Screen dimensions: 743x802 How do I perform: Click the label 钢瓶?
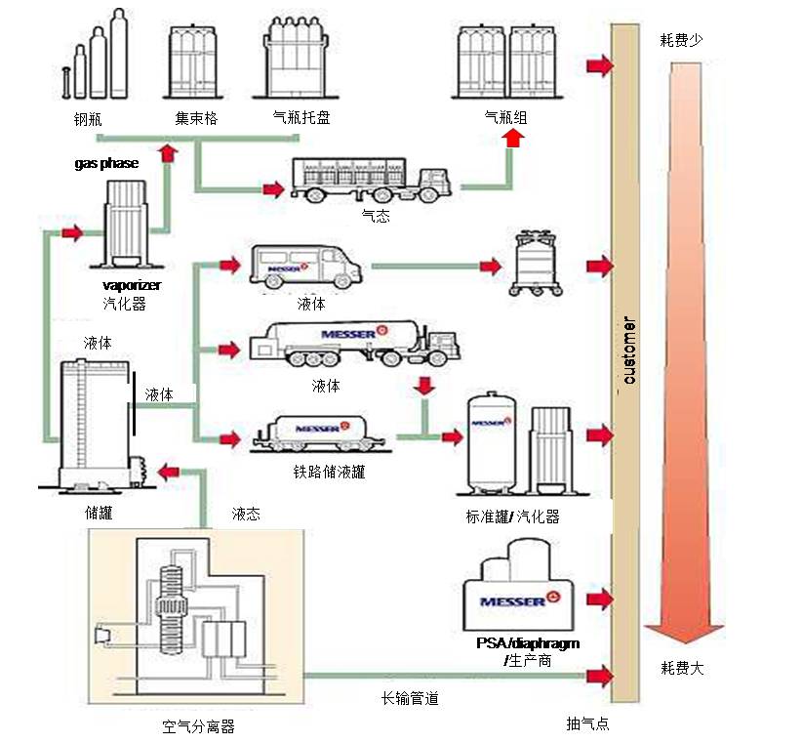pyautogui.click(x=87, y=120)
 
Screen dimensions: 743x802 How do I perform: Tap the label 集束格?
pyautogui.click(x=196, y=118)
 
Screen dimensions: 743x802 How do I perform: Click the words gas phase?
pyautogui.click(x=106, y=163)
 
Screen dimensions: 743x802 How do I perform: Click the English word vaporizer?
pyautogui.click(x=132, y=285)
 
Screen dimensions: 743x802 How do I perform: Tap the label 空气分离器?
pyautogui.click(x=199, y=726)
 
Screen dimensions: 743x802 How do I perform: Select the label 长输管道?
pyautogui.click(x=410, y=698)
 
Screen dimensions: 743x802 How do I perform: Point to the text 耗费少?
pyautogui.click(x=682, y=39)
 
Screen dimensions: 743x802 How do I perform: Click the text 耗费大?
pyautogui.click(x=682, y=669)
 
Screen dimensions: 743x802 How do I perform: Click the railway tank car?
pyautogui.click(x=318, y=433)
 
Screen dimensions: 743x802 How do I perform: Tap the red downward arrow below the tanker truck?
pyautogui.click(x=423, y=385)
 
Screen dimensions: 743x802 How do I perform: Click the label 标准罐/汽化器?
pyautogui.click(x=513, y=516)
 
